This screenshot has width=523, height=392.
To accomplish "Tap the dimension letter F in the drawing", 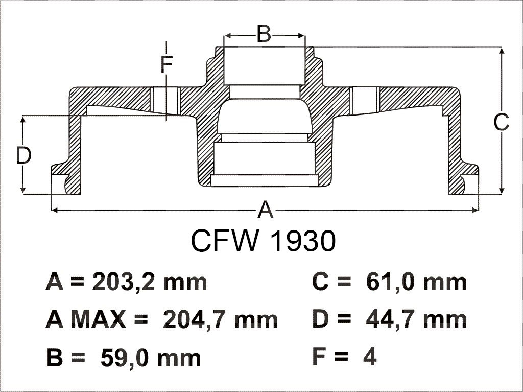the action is click(167, 64).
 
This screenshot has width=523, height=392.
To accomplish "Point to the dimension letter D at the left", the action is click(23, 155).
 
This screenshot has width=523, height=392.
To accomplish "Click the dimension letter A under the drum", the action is click(266, 210).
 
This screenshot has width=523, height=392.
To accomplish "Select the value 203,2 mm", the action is click(150, 283).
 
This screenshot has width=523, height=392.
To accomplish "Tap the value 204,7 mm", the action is click(220, 320).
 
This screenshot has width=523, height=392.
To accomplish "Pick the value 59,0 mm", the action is click(151, 358).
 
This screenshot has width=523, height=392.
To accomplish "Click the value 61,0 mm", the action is click(416, 283).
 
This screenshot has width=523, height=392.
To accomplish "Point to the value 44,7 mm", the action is click(416, 320).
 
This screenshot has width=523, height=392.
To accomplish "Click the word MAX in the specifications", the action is click(99, 320).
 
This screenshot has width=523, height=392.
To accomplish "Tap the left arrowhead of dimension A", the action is click(55, 210).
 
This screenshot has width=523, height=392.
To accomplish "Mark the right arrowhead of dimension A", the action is click(475, 210).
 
